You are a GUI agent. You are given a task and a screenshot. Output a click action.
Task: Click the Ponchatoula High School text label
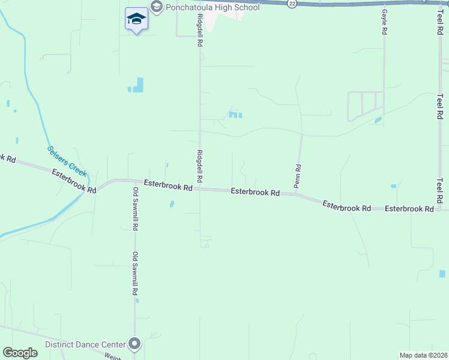[213, 7]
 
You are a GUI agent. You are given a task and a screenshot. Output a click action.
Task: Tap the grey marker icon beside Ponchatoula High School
[157, 7]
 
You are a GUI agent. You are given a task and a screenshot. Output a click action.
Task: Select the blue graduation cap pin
[136, 19]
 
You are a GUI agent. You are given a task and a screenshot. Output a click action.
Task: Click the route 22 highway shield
[292, 4]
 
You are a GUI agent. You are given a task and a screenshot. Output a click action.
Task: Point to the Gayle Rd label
[384, 21]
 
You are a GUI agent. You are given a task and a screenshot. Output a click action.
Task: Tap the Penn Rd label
[297, 175]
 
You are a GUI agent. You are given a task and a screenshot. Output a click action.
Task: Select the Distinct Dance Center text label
[85, 344]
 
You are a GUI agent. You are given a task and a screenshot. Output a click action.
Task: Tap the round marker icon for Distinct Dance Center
[134, 344]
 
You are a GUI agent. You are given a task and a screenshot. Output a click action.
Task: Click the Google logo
[20, 353]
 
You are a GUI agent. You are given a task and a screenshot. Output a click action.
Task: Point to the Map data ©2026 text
[423, 355]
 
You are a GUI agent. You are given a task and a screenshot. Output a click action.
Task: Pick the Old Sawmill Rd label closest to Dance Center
[136, 274]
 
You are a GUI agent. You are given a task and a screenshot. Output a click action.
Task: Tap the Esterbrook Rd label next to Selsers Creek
[74, 181]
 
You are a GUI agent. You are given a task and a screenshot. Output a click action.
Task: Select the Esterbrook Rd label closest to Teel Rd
[409, 209]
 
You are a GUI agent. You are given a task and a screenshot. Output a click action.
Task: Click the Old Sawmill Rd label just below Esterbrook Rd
[136, 208]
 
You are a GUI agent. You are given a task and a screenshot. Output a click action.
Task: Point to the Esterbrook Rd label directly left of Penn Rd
[256, 193]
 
